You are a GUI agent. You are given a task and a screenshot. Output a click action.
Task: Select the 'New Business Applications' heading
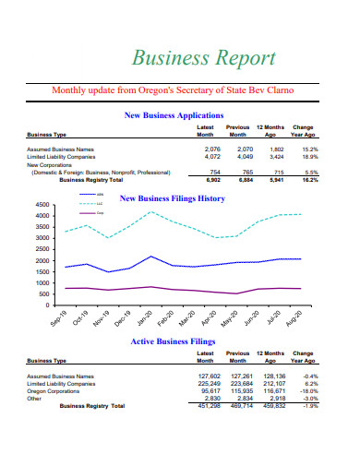(x=186, y=115)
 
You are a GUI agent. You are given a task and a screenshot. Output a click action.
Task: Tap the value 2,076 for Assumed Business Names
(x=211, y=149)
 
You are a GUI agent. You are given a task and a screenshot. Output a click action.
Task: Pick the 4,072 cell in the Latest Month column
(x=211, y=156)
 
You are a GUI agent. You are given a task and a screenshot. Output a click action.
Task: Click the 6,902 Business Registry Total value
(x=212, y=181)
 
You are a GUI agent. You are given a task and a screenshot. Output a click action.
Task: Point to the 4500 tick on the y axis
(x=42, y=205)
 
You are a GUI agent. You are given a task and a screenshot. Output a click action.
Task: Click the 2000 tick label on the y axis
(x=42, y=261)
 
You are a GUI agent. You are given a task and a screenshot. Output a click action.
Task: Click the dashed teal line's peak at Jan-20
(x=151, y=212)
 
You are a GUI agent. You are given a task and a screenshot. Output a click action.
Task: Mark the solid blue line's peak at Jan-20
(x=151, y=257)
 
